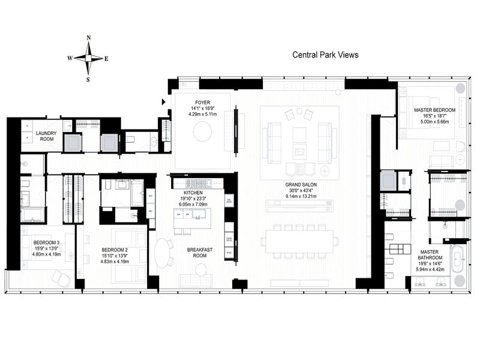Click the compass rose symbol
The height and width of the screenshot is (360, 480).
pos(88,58)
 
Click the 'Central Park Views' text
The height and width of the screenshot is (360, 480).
pos(325,55)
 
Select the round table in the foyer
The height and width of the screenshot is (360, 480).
pos(202,130)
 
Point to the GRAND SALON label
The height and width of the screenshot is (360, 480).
pos(298,185)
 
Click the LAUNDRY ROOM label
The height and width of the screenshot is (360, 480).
pos(46,136)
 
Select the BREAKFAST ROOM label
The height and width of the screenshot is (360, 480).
pos(196,252)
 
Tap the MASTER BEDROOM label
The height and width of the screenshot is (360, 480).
pos(434,111)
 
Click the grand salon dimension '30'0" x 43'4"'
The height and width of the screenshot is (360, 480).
pos(298,191)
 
